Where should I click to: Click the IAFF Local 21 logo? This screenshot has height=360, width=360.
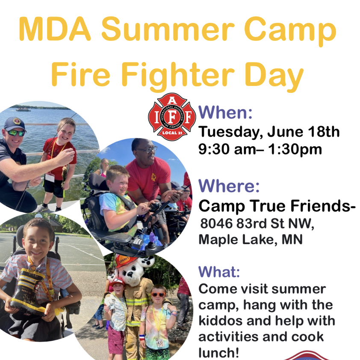click(x=172, y=117)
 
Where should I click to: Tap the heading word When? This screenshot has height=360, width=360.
click(x=225, y=112)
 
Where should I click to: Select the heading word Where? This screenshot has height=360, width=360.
click(x=229, y=186)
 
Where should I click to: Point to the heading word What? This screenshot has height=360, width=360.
click(x=219, y=271)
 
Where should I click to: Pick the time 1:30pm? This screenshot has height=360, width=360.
click(x=295, y=150)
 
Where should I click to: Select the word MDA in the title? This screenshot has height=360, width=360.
click(x=55, y=29)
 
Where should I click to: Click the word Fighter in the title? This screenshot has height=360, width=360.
click(x=178, y=75)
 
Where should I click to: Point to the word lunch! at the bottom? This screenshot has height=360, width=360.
click(x=218, y=353)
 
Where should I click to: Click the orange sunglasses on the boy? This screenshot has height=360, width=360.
click(x=158, y=295)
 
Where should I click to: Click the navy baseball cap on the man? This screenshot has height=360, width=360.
click(x=15, y=124)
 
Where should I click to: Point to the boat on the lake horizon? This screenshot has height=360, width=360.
click(x=23, y=109)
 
